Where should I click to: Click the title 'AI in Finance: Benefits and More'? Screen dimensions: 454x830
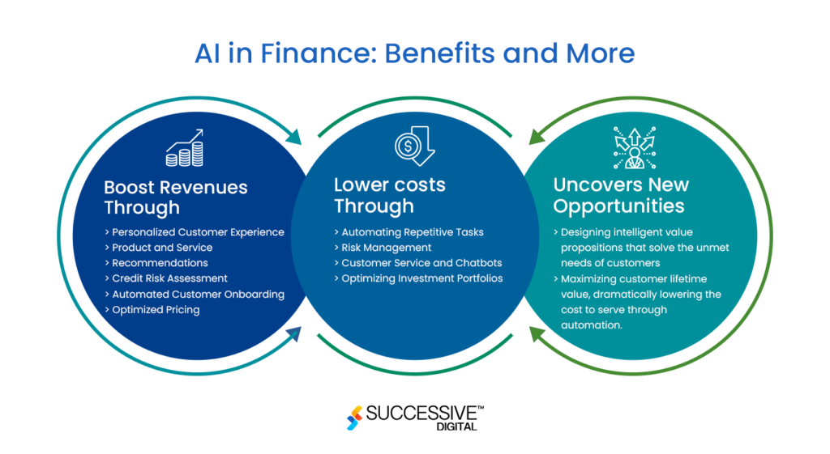click(x=414, y=53)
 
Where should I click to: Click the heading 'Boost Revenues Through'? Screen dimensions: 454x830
click(x=176, y=197)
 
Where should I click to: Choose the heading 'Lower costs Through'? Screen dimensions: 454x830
click(x=389, y=195)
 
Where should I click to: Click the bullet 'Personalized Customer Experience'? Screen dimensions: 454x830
click(x=195, y=232)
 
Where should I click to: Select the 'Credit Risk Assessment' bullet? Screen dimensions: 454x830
click(x=166, y=278)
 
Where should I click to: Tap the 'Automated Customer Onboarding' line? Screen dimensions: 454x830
click(x=195, y=294)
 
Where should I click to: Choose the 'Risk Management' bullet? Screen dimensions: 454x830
click(x=383, y=248)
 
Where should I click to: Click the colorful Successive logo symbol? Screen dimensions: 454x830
click(x=354, y=418)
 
